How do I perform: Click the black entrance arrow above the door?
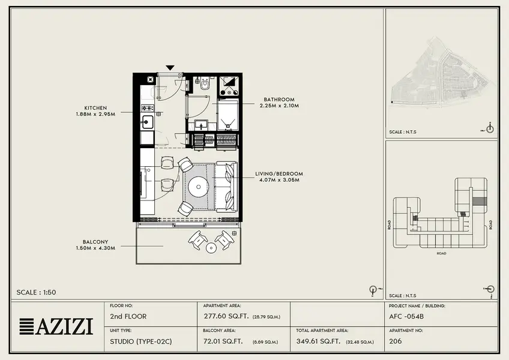tap(170, 68)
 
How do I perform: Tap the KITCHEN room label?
tap(95, 108)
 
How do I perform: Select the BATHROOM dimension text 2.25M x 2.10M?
tap(279, 106)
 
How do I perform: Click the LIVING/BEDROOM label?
tap(279, 173)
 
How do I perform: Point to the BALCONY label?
tap(95, 242)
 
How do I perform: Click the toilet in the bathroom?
tap(205, 84)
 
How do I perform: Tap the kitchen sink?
tap(147, 122)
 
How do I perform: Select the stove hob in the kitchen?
tap(148, 108)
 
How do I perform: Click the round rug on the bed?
tap(198, 187)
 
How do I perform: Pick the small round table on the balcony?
tap(211, 248)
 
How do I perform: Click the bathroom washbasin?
tap(201, 125)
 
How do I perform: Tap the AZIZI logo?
tap(56, 326)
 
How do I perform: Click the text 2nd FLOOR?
tap(128, 316)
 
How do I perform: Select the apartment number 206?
tap(396, 341)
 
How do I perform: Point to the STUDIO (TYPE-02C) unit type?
tap(141, 341)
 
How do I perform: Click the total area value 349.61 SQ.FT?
tap(318, 341)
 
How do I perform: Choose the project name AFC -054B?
tap(406, 317)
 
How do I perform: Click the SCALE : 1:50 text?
tap(37, 292)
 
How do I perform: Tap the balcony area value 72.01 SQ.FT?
tap(223, 341)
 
